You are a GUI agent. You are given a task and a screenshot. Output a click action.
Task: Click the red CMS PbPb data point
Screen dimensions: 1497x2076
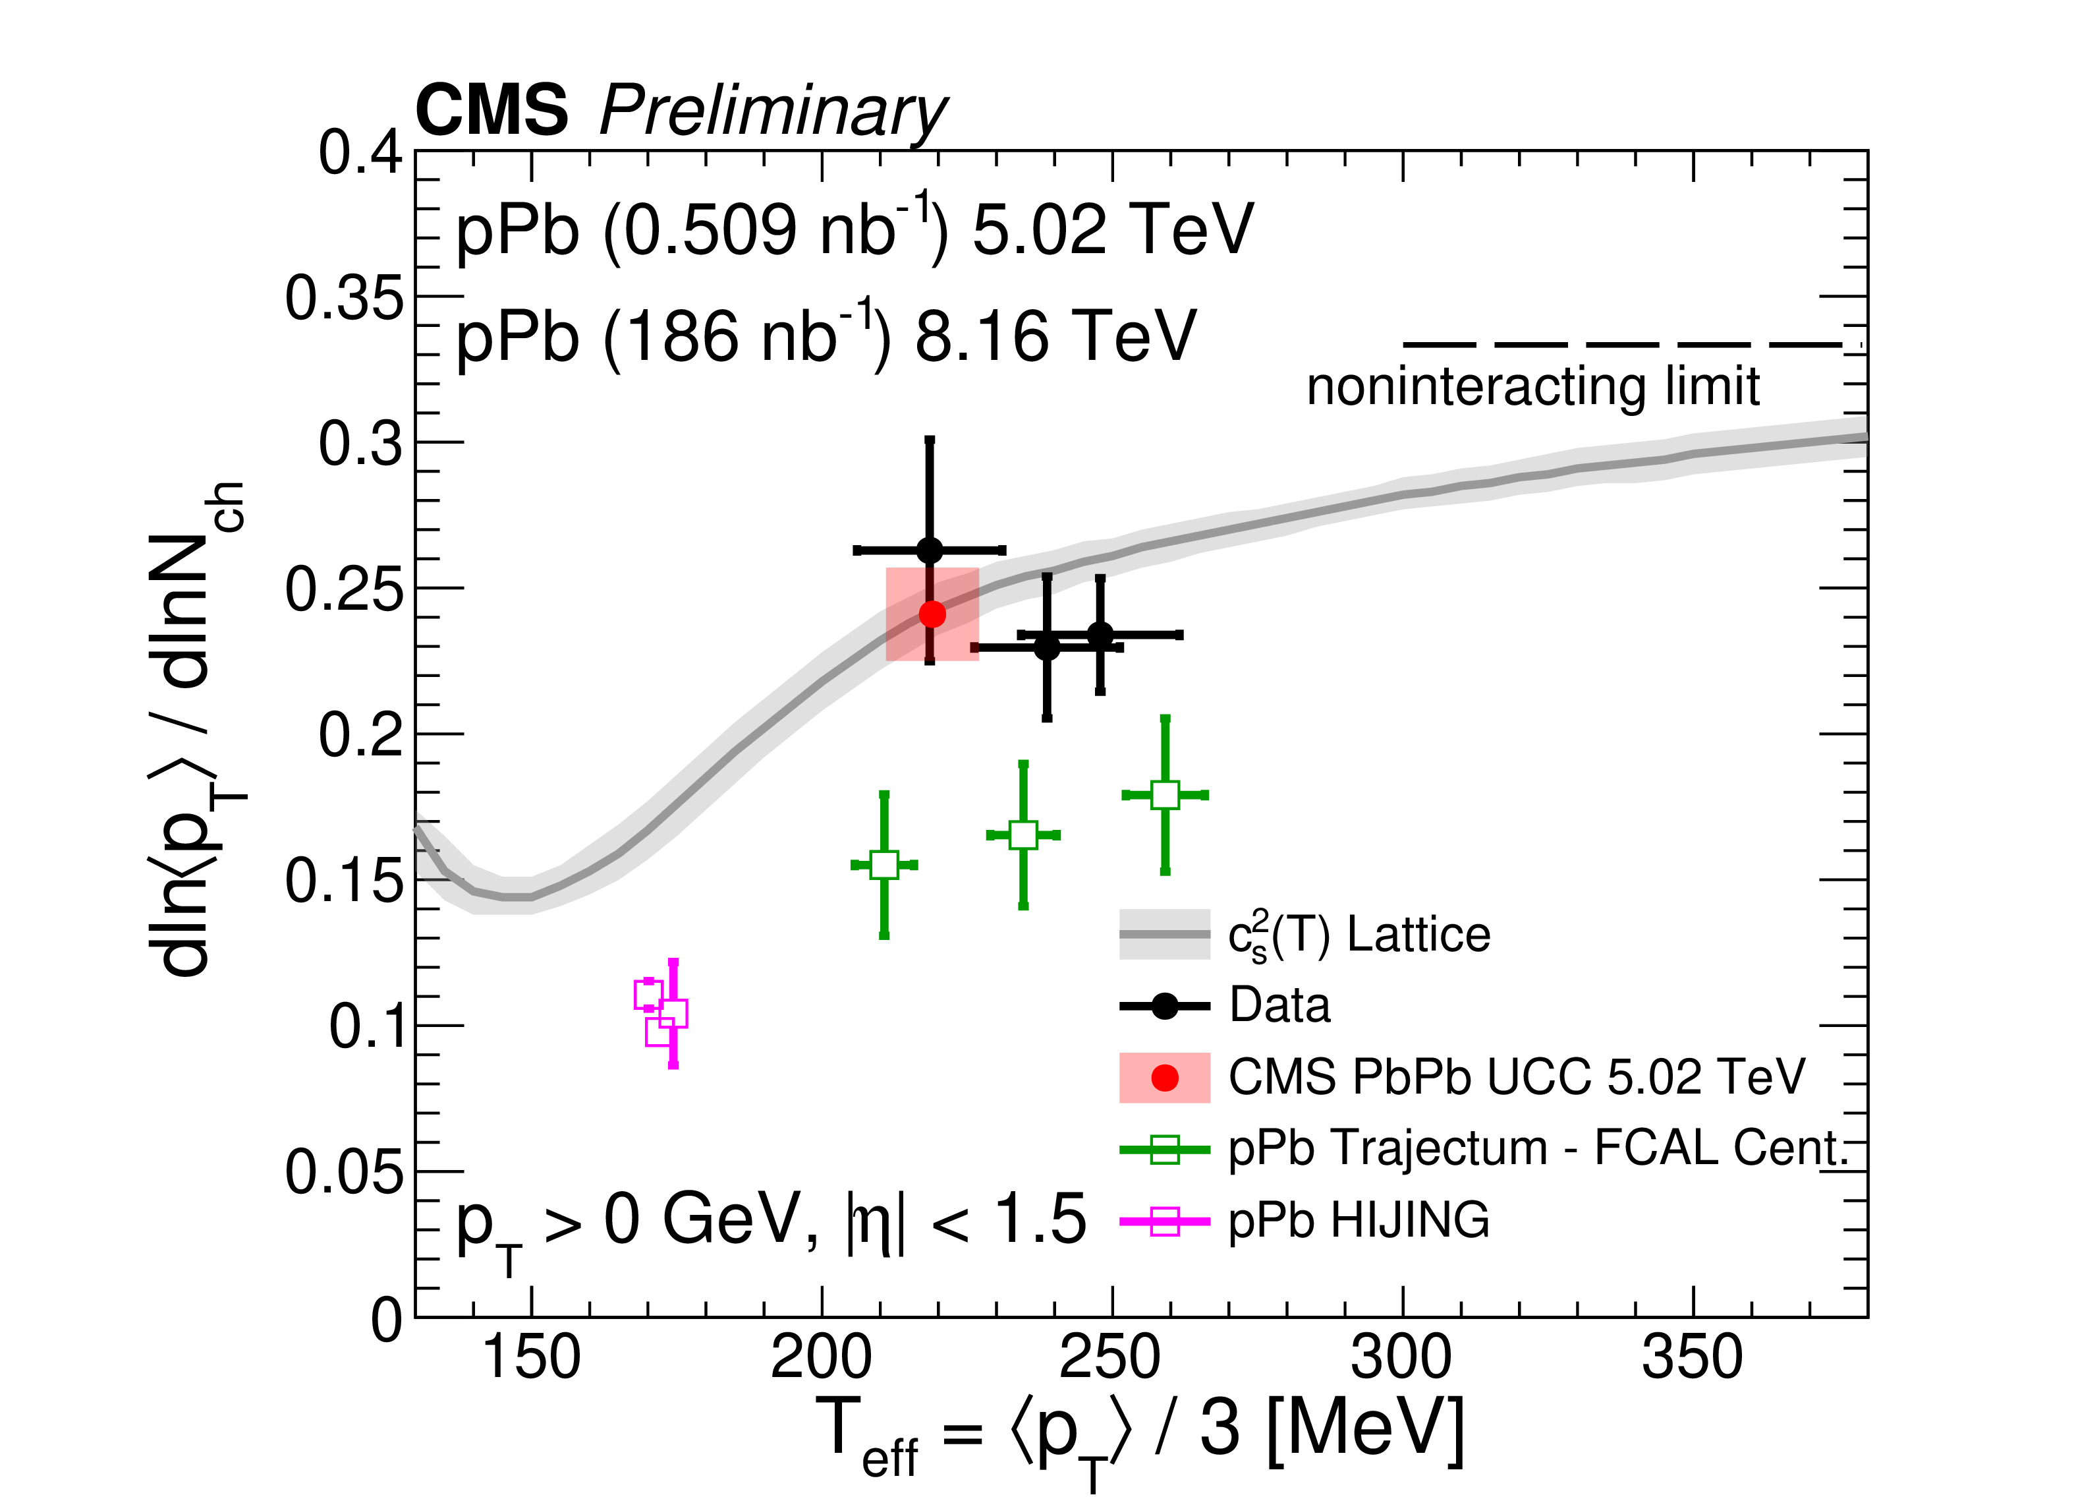(x=932, y=614)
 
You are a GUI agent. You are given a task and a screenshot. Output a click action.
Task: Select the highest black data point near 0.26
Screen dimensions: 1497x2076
(x=929, y=550)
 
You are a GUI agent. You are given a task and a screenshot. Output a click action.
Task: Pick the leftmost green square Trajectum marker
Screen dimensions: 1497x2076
(x=884, y=864)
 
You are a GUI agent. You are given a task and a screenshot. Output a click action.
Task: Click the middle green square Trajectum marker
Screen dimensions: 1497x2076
(x=1023, y=835)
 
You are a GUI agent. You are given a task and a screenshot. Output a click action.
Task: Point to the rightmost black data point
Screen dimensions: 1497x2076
(x=1100, y=635)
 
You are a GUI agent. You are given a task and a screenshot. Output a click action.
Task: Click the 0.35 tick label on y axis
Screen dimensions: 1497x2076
(x=343, y=299)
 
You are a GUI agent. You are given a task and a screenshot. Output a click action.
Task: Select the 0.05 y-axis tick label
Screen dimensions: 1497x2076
(x=343, y=1172)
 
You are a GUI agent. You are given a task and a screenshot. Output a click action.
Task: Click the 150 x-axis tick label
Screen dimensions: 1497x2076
(x=531, y=1359)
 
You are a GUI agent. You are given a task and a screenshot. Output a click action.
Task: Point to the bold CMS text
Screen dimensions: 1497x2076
(x=491, y=110)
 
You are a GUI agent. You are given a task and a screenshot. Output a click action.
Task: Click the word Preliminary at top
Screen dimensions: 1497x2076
(x=773, y=111)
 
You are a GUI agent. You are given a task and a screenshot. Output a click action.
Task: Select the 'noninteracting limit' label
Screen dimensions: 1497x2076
(x=1532, y=386)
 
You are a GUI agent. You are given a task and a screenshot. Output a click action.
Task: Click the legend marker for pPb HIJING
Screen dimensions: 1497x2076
(x=1164, y=1221)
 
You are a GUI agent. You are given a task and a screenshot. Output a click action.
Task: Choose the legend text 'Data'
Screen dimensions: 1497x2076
(x=1279, y=1005)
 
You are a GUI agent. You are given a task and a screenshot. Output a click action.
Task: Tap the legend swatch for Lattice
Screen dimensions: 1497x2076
(x=1164, y=935)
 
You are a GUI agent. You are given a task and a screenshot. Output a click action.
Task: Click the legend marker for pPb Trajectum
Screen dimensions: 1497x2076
(x=1164, y=1149)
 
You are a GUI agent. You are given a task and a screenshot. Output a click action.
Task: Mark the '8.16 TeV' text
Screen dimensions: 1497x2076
(x=1055, y=337)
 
